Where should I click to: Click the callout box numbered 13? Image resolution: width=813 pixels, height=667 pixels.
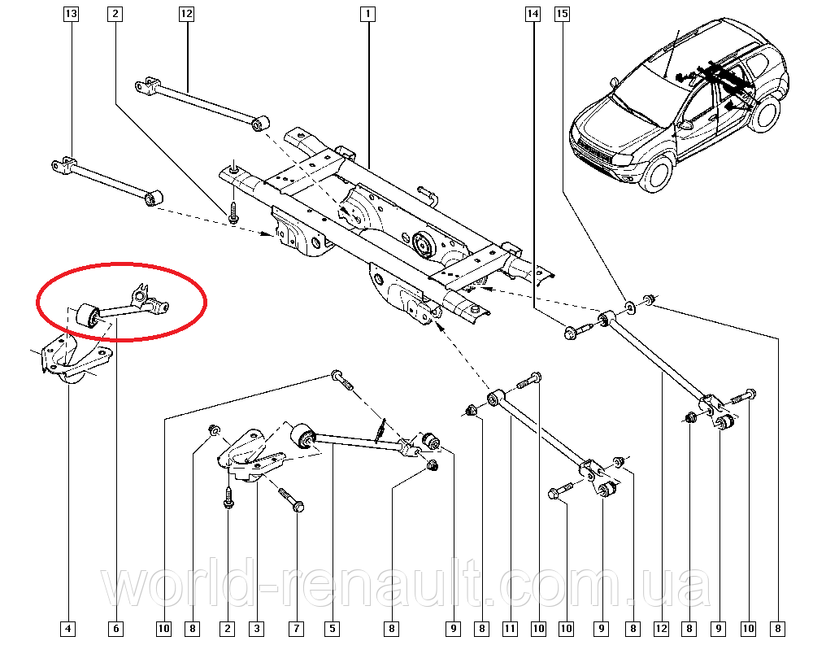(x=71, y=14)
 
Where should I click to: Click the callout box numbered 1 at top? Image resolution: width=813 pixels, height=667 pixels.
(x=368, y=14)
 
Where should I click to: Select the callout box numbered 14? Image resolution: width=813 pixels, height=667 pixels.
(x=533, y=14)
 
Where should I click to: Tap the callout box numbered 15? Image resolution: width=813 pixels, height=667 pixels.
(x=562, y=14)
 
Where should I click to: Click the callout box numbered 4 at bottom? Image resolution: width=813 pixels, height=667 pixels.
(x=68, y=628)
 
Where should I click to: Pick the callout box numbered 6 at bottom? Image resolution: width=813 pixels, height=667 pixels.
(x=115, y=628)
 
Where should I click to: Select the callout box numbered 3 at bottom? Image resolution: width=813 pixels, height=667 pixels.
(x=256, y=628)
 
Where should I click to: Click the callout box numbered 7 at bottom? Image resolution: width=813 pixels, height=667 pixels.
(x=297, y=628)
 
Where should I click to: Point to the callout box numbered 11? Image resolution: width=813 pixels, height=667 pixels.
(x=510, y=628)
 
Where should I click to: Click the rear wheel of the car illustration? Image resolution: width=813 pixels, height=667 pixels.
(x=764, y=114)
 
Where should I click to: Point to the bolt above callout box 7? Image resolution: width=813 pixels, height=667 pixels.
(x=292, y=499)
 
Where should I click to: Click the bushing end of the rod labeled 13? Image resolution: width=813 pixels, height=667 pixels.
(x=154, y=198)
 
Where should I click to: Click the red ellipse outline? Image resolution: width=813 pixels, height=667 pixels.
(x=122, y=263)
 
